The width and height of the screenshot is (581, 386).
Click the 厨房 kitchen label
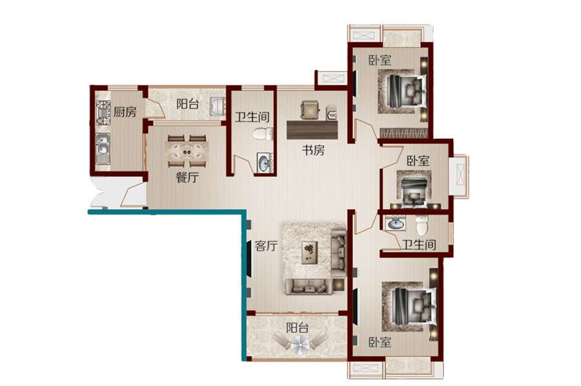(125, 112)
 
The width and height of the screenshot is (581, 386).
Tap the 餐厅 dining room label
(187, 178)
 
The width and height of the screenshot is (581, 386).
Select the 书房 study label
(313, 150)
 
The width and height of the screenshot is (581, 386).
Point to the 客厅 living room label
(266, 245)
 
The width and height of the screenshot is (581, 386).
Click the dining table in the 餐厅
(187, 152)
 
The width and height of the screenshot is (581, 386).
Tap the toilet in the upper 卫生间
(263, 134)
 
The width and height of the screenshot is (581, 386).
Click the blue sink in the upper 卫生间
(265, 163)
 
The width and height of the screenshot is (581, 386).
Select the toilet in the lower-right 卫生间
(422, 225)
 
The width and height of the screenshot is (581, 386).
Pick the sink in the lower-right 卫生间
(395, 223)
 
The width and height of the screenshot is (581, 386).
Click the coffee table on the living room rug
(310, 252)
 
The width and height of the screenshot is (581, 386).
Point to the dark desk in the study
(312, 130)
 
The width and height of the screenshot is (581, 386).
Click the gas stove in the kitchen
(103, 113)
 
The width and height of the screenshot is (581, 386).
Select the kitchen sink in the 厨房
(103, 148)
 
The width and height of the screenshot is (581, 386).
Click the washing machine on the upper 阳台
(217, 107)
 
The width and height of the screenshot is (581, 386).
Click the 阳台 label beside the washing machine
(187, 104)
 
